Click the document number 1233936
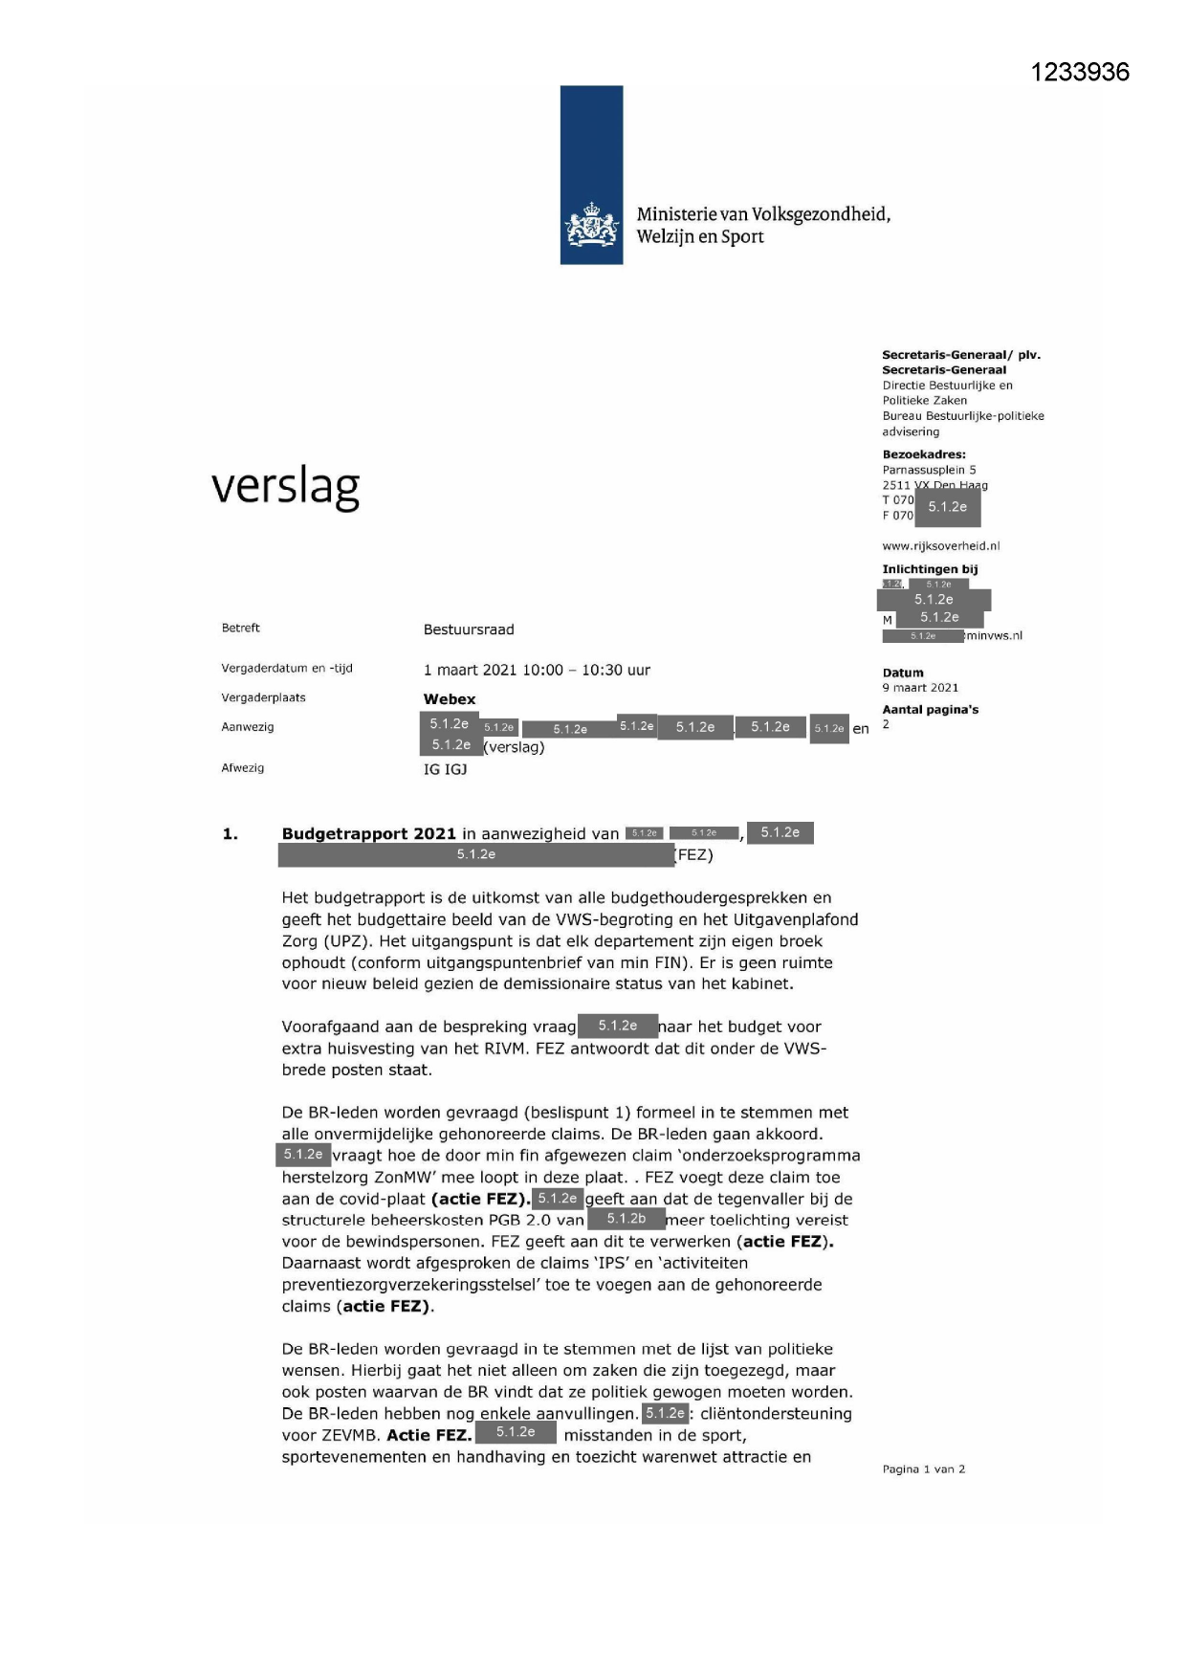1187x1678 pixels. coord(1080,73)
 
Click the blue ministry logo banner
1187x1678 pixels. coord(591,175)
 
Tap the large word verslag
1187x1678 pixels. coord(285,487)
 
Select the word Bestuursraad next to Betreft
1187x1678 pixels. coord(469,629)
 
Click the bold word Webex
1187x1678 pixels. coord(450,699)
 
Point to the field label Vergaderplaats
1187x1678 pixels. coord(263,697)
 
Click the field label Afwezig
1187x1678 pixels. coord(243,768)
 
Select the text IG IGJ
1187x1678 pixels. coord(446,769)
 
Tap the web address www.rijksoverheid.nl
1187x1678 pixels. coord(940,546)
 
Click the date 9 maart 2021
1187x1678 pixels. coord(920,688)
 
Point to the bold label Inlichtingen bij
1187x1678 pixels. coord(930,569)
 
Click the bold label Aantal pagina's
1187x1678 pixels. coord(930,710)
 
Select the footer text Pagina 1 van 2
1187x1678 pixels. coord(923,1469)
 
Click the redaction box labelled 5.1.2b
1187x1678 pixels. coord(626,1219)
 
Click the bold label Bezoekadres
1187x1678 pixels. coord(923,454)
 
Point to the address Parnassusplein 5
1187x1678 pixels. coord(929,470)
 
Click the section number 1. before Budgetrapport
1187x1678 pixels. coord(231,834)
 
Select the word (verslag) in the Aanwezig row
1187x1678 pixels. coord(514,747)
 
